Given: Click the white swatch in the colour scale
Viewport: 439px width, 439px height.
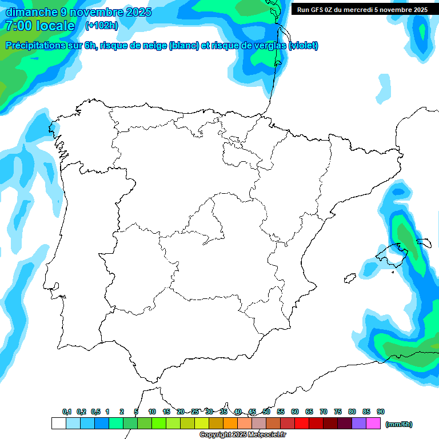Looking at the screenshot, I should (x=58, y=424).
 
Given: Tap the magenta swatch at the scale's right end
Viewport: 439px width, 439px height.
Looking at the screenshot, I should (x=373, y=424).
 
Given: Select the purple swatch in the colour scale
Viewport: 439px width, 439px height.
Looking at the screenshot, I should (x=359, y=424).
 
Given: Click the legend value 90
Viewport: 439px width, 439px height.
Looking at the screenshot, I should (x=381, y=412).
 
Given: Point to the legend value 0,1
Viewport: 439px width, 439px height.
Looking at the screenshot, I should (x=67, y=412).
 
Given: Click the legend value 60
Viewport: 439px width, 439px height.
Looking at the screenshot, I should (x=295, y=412).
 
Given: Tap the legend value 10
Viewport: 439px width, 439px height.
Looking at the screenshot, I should (x=152, y=412).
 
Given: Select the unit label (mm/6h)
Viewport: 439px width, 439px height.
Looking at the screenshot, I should (x=398, y=424).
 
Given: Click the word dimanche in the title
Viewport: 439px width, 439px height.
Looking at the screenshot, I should (x=29, y=12).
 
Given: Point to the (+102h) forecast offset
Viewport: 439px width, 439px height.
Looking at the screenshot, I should (x=101, y=25).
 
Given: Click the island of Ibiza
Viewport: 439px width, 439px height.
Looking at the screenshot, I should (x=349, y=278).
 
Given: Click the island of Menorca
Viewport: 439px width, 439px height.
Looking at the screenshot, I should (x=424, y=244).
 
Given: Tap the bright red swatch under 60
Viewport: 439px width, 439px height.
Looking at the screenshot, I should (x=302, y=424).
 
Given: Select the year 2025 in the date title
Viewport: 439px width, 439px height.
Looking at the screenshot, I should (x=131, y=12).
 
